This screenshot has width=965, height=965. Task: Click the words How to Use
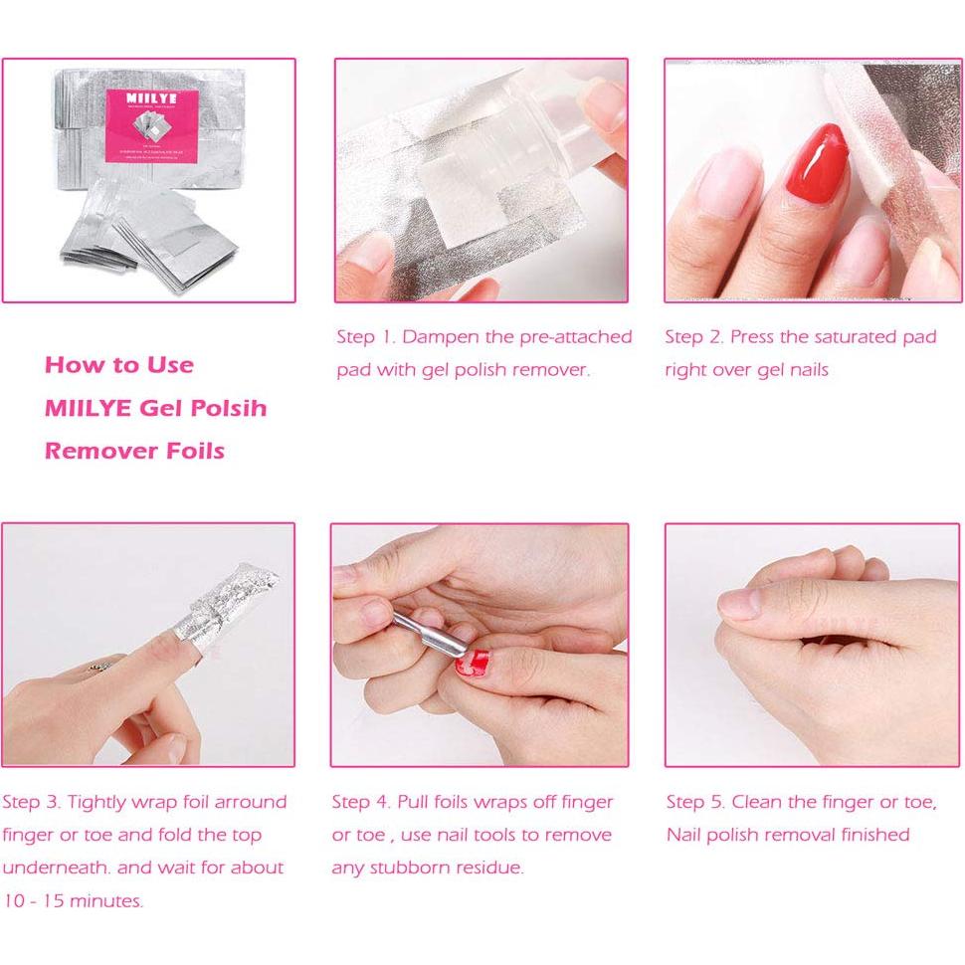[x=119, y=365]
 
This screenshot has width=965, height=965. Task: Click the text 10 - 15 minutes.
[x=73, y=901]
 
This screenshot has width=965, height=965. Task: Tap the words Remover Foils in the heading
[x=134, y=451]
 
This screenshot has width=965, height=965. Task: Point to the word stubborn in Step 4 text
[x=414, y=868]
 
